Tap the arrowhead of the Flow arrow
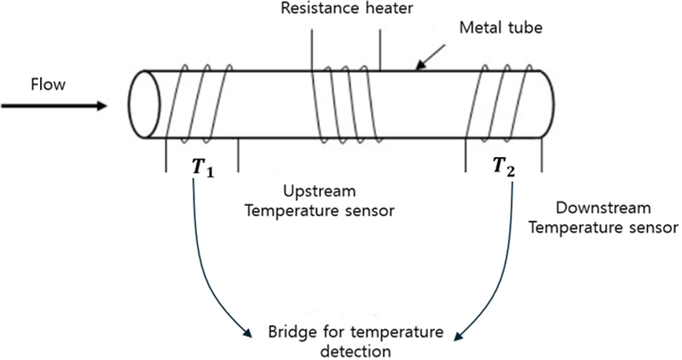point(101,106)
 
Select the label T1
point(203,167)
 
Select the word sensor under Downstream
point(655,228)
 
